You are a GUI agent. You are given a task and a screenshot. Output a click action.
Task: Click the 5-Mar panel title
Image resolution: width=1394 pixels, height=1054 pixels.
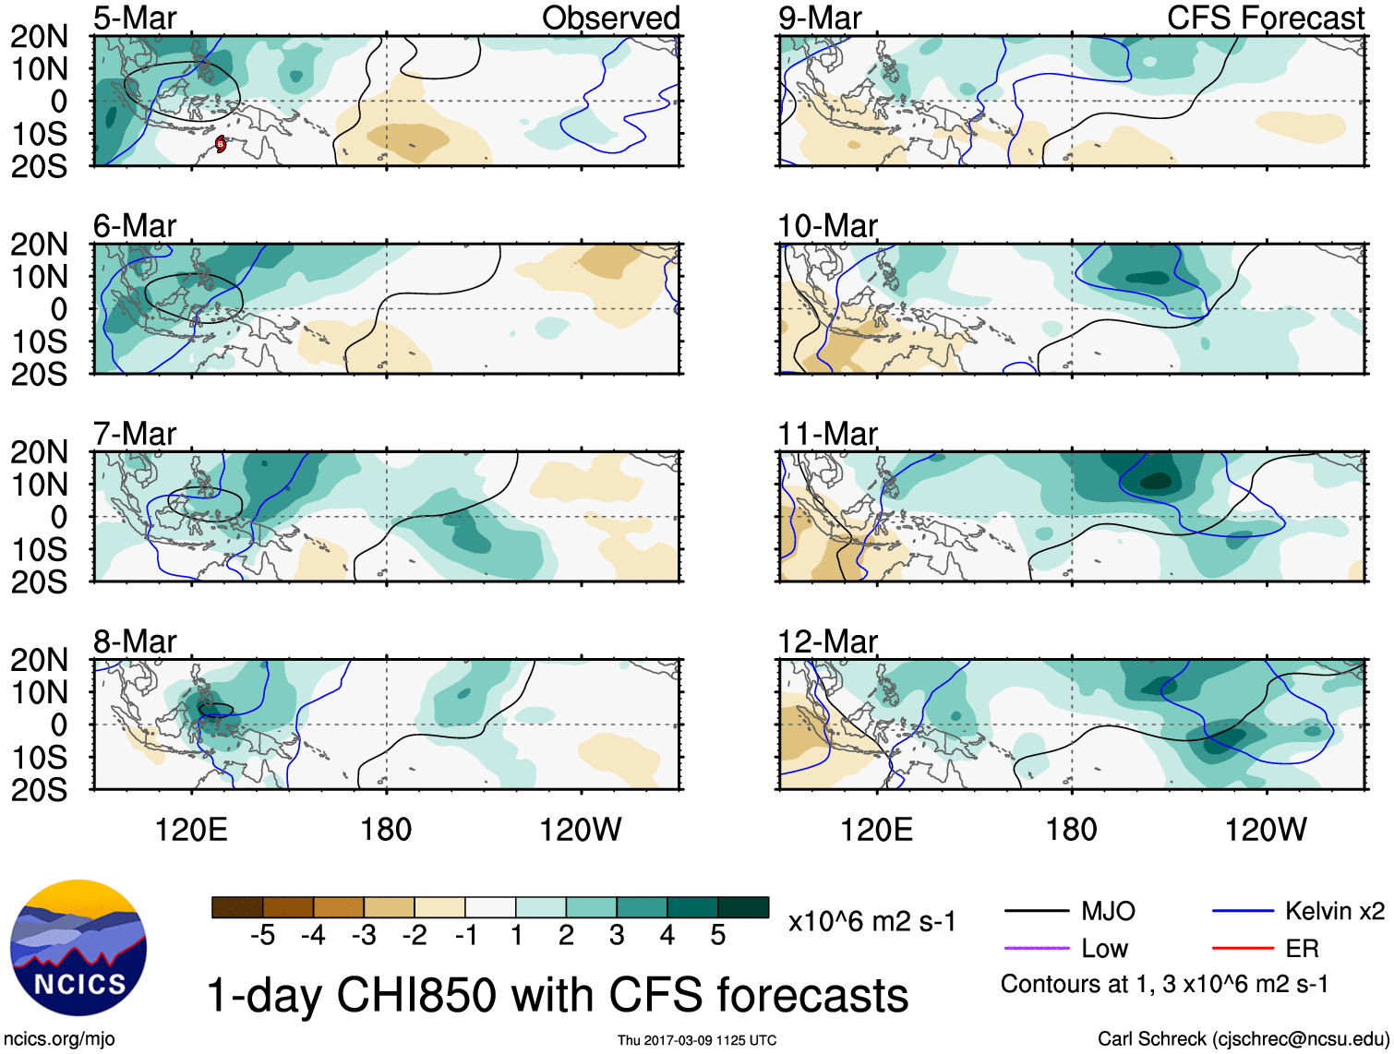[135, 18]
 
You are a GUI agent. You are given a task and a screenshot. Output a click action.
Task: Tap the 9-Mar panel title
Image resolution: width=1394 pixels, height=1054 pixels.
[820, 18]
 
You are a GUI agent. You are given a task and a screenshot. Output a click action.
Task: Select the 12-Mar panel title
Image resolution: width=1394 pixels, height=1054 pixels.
[827, 641]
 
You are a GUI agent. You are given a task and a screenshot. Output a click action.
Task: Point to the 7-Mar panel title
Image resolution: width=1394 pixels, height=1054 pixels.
[135, 434]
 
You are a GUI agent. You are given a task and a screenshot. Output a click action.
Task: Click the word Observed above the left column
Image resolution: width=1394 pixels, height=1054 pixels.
[610, 18]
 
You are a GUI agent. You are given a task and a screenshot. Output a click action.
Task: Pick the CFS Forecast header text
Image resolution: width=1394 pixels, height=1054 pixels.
[1265, 18]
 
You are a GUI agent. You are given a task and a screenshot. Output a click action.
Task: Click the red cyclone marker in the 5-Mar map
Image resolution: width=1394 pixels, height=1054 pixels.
[221, 143]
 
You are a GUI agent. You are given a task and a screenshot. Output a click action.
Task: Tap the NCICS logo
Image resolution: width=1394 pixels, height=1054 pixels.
[78, 948]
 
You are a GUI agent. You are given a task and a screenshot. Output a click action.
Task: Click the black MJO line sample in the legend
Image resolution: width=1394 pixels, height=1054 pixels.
[1036, 912]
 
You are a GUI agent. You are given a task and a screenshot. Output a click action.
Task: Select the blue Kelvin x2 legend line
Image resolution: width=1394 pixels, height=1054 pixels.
[1243, 912]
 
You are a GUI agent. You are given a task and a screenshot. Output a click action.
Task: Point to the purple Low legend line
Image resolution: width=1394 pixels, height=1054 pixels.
[1036, 948]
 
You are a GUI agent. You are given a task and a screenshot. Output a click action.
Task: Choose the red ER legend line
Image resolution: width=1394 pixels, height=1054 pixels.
[1243, 948]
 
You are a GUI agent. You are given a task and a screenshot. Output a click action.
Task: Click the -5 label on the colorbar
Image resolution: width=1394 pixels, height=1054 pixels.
[262, 936]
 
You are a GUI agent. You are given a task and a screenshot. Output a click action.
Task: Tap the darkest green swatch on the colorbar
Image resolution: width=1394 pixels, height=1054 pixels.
[743, 907]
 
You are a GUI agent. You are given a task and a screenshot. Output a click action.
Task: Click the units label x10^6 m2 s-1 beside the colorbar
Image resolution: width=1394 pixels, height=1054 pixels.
[871, 922]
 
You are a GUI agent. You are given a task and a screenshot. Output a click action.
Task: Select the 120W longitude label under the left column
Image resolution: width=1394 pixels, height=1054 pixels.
[580, 830]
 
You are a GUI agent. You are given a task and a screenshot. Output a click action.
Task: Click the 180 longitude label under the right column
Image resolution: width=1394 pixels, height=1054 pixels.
[1071, 830]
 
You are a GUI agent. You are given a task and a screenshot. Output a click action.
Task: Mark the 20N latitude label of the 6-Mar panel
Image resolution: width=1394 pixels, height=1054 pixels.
[40, 245]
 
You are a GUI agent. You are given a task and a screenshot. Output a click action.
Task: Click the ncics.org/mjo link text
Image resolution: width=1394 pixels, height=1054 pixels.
[58, 1039]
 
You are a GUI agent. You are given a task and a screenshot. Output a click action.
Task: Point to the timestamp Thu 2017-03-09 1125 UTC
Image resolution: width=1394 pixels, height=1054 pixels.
[697, 1040]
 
